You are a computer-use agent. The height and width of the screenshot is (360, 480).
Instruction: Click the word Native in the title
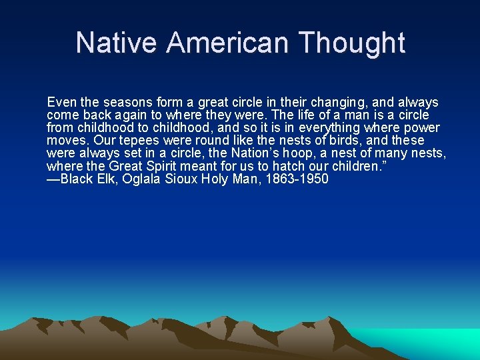(x=117, y=43)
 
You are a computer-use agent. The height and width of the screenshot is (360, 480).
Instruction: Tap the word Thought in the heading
(x=353, y=43)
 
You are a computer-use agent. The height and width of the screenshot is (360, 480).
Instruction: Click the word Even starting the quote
(x=61, y=103)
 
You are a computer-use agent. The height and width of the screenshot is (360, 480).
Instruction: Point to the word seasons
(x=127, y=103)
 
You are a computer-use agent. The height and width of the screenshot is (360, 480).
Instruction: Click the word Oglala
(x=145, y=179)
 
